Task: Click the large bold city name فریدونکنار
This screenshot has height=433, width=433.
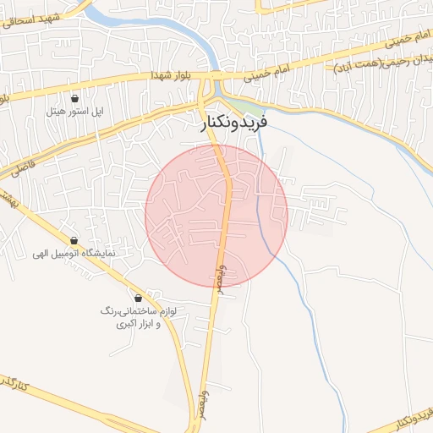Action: click(x=235, y=123)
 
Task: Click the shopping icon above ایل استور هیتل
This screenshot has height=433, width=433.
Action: click(x=75, y=98)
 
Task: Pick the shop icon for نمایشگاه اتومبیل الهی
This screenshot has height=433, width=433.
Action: click(x=74, y=240)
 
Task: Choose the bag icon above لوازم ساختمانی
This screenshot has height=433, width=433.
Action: click(x=139, y=298)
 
